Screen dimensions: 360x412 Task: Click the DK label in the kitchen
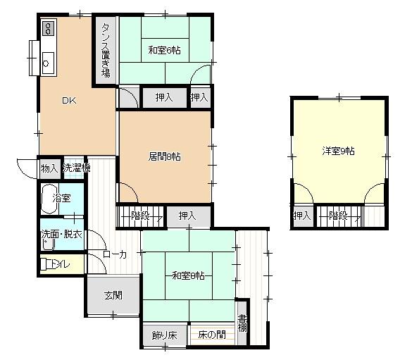68,101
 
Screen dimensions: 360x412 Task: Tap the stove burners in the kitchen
49,29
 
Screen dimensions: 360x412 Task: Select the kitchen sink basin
47,62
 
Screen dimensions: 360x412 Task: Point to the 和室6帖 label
165,50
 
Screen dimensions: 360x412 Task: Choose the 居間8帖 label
164,156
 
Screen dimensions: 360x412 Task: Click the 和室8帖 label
188,275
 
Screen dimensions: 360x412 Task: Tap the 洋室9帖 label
338,151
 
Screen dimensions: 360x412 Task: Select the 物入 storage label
49,168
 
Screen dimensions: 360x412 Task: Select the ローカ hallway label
114,255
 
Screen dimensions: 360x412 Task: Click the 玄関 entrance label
114,295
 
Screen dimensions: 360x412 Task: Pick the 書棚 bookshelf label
242,323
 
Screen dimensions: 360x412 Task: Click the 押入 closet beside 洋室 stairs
302,216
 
